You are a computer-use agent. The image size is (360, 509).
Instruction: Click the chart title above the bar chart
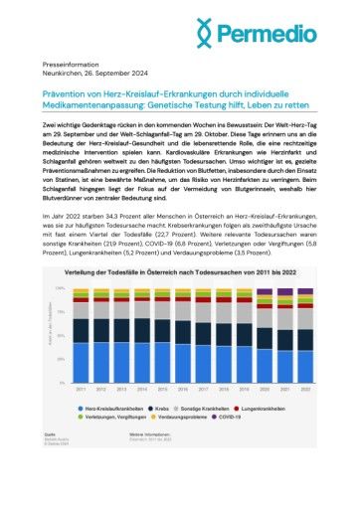[x=175, y=272]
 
